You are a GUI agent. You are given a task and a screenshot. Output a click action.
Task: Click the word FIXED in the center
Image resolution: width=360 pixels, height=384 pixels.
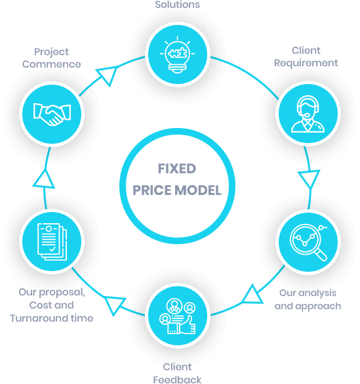[177, 169]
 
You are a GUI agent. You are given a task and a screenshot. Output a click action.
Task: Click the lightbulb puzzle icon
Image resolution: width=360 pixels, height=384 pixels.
[177, 54]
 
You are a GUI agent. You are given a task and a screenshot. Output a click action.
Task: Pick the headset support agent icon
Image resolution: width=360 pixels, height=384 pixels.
[308, 114]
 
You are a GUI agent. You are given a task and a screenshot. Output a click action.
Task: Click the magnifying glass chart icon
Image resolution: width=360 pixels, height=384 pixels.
[309, 242]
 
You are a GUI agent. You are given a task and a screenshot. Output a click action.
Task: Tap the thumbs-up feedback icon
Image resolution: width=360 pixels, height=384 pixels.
[178, 316]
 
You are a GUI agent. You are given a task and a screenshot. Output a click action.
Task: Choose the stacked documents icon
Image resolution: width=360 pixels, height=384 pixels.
[52, 242]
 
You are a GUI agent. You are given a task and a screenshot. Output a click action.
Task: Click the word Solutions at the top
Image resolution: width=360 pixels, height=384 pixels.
[178, 5]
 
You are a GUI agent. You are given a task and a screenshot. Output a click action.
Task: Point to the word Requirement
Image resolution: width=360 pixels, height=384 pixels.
[306, 63]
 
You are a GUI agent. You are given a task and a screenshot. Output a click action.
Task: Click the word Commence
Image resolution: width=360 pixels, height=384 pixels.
[51, 64]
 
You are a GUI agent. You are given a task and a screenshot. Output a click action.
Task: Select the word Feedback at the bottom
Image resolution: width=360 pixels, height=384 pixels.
[177, 379]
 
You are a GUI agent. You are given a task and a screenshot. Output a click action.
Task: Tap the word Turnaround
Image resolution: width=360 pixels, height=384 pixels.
[39, 318]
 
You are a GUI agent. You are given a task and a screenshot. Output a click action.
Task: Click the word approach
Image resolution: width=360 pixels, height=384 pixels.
[318, 307]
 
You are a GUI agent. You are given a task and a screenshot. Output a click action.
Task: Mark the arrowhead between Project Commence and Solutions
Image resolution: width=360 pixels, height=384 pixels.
[108, 75]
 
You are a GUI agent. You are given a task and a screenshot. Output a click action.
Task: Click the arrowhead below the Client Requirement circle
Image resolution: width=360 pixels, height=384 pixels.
[309, 179]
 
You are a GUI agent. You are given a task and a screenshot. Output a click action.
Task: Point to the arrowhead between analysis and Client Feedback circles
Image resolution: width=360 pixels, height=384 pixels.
[253, 295]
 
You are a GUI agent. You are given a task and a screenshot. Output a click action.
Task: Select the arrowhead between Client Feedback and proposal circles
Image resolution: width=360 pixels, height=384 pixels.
[114, 305]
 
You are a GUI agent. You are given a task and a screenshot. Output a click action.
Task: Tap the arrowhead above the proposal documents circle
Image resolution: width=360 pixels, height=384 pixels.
[44, 180]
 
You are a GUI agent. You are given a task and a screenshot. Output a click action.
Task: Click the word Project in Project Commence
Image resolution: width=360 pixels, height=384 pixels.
[51, 52]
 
